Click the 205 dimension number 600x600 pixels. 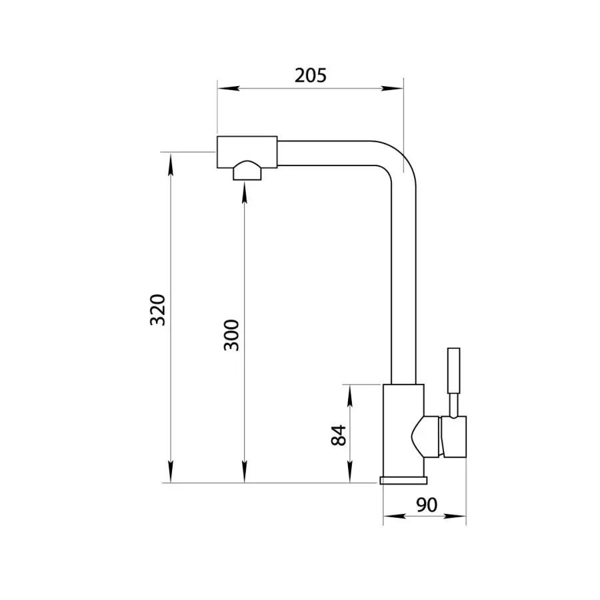(310, 75)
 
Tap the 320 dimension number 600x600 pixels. (157, 310)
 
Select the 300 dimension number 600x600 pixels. (231, 335)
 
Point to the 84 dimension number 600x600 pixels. (338, 435)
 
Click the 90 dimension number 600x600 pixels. (427, 505)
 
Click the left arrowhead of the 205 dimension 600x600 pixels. (229, 89)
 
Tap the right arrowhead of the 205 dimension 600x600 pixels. (392, 89)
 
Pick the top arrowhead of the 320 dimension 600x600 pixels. (171, 164)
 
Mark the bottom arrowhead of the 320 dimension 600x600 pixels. (171, 472)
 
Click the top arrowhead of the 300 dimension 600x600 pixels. (245, 193)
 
